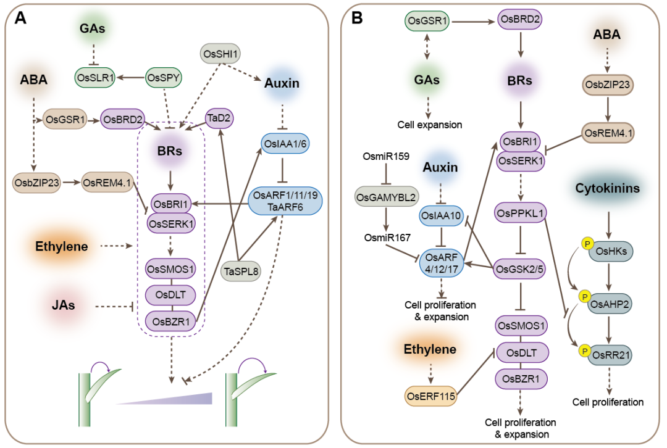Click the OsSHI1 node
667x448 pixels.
tap(221, 54)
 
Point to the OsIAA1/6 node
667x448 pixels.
tap(285, 143)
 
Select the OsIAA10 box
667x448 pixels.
tap(439, 215)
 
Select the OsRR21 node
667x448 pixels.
tap(611, 356)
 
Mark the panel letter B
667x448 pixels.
tap(357, 19)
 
